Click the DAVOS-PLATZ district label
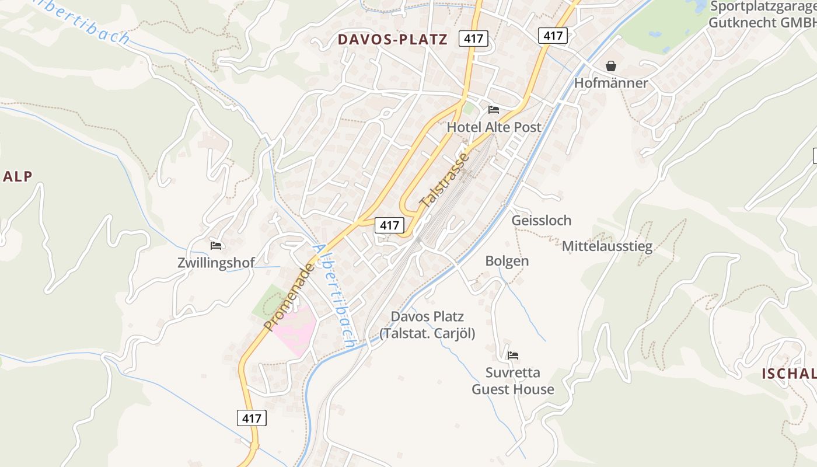tap(393, 39)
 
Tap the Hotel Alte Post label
tap(494, 127)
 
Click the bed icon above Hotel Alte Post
tap(494, 109)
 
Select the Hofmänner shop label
tap(611, 83)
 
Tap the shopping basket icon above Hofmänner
tap(611, 65)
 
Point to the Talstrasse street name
tap(444, 180)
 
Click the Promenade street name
tap(288, 296)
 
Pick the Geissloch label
tap(542, 220)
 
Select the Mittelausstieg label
tap(607, 246)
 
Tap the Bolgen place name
tap(507, 261)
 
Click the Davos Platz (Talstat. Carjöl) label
tap(427, 325)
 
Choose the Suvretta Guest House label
tap(513, 381)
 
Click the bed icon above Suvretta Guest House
tap(513, 355)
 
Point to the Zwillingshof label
tap(216, 263)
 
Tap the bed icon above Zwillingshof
tap(216, 245)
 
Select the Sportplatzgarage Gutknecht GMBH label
tap(762, 15)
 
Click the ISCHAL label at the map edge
tap(788, 374)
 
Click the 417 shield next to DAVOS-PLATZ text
tap(473, 39)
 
